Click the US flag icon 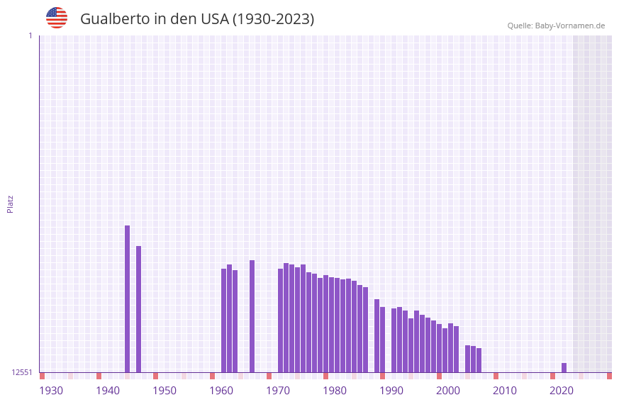(57, 18)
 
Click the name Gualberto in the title (115, 19)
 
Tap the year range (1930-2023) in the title (273, 19)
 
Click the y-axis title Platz (10, 203)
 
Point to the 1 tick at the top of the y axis (30, 35)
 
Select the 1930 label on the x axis (51, 391)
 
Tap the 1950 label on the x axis (164, 391)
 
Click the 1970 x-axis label (278, 391)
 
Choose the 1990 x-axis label (391, 391)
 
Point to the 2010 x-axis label (505, 391)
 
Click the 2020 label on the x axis (562, 391)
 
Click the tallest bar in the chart (128, 298)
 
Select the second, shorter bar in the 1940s (139, 309)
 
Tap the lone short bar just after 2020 (564, 368)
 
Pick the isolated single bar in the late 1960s (252, 316)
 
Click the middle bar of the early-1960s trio (230, 318)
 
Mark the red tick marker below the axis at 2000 (439, 376)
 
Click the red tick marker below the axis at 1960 (212, 376)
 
